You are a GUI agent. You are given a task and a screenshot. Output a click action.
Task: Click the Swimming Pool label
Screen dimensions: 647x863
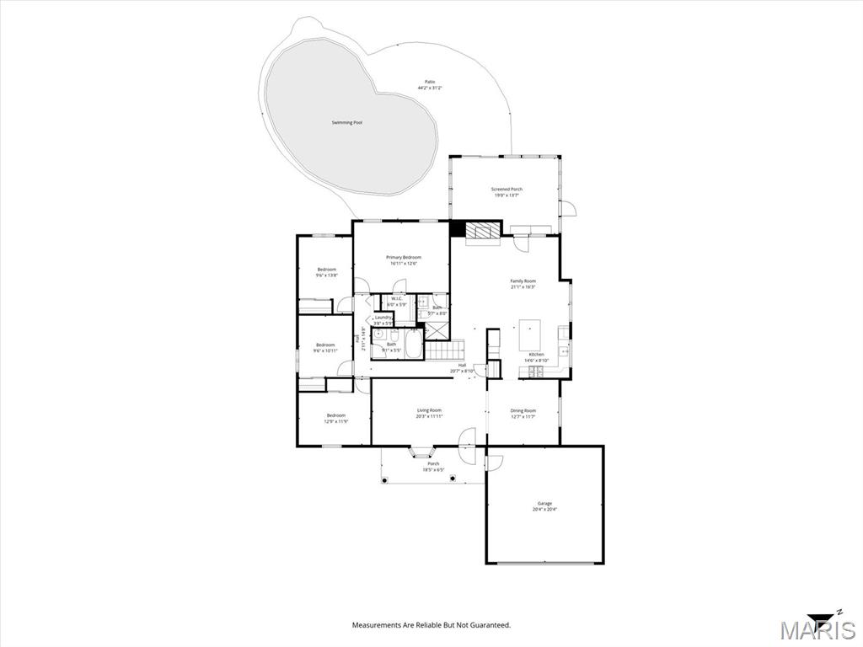[346, 123]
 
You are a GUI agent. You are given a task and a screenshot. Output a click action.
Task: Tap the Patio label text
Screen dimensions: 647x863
[430, 82]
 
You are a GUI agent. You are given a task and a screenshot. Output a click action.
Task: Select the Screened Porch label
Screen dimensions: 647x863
[507, 190]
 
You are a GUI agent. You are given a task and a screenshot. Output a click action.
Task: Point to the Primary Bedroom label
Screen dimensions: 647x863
[404, 257]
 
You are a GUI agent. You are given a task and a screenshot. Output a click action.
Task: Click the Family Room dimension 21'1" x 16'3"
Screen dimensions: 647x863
[523, 287]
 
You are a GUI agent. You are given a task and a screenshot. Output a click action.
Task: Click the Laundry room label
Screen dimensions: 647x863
[383, 318]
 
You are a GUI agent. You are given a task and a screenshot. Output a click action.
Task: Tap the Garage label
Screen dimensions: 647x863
[544, 504]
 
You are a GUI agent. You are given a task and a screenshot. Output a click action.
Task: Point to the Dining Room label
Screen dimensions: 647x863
[523, 410]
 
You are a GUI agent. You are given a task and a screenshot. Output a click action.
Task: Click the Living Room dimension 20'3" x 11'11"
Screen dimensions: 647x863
[429, 416]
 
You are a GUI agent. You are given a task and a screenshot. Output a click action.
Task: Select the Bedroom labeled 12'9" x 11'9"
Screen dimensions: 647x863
[336, 418]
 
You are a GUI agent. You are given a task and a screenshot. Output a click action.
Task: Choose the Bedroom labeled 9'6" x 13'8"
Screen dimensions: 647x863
[326, 272]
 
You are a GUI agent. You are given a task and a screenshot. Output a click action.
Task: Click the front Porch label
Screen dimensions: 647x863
[433, 463]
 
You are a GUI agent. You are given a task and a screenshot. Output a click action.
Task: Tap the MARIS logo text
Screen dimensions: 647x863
[817, 629]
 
